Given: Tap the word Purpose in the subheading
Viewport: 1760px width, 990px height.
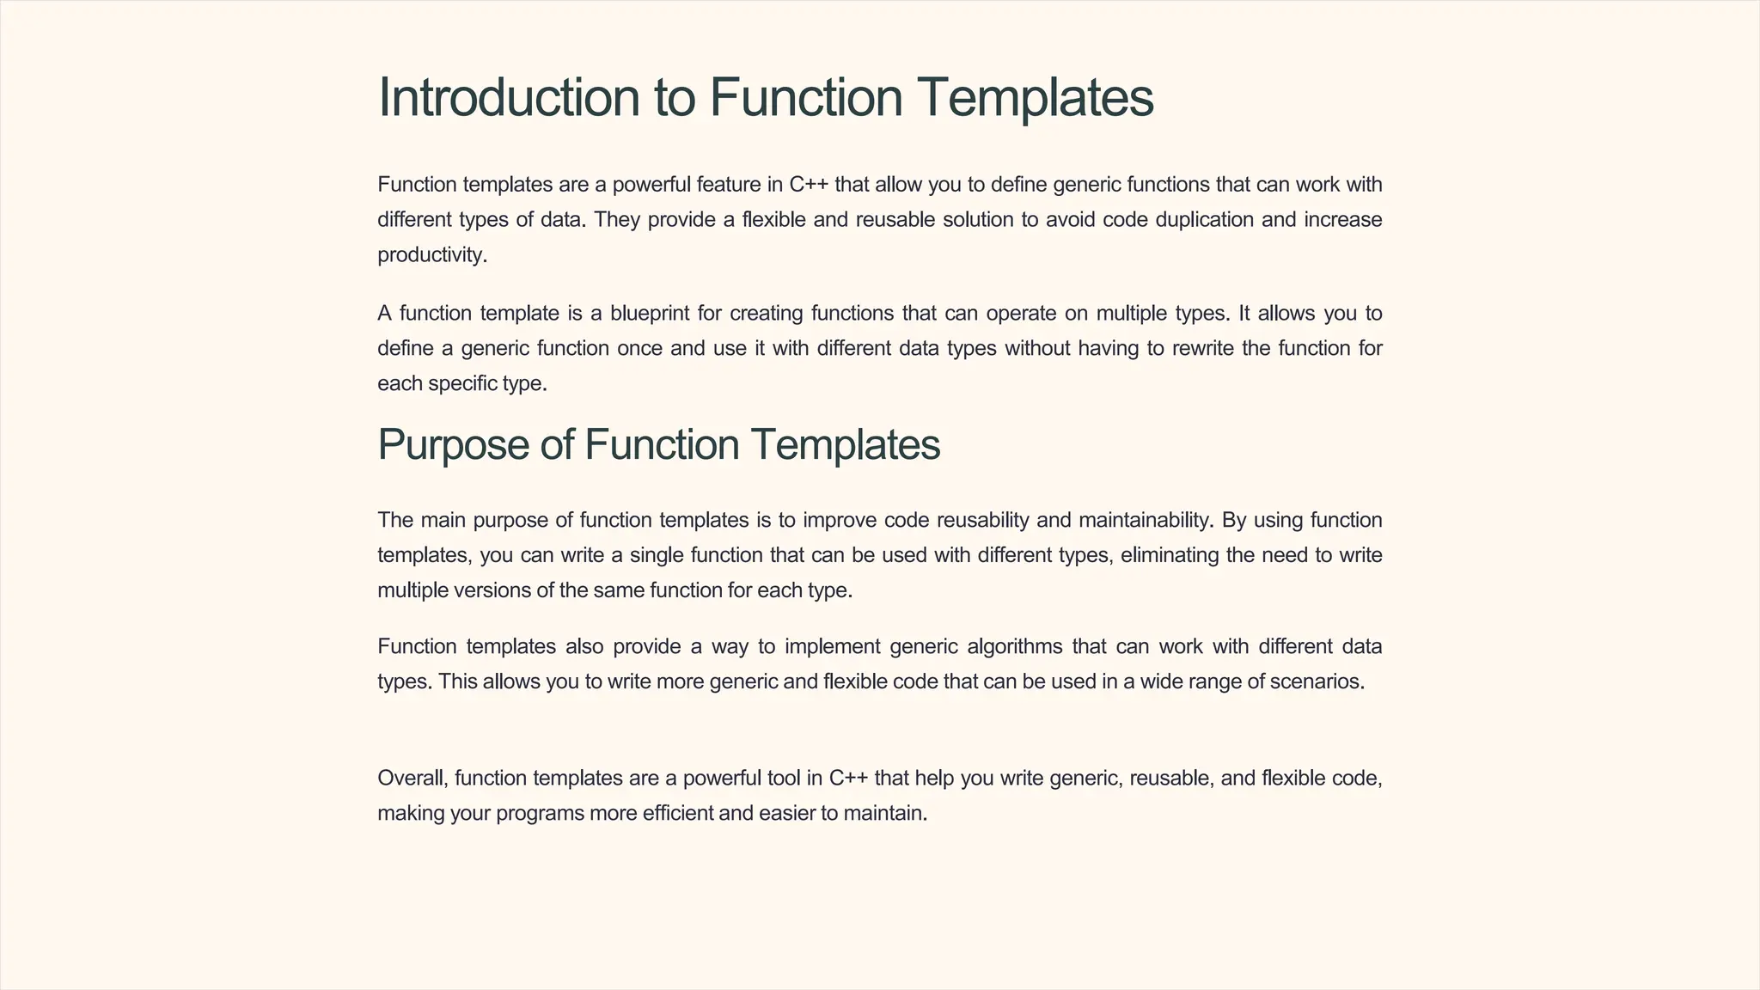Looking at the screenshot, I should pyautogui.click(x=453, y=445).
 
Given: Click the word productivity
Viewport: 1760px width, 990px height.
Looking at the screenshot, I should pyautogui.click(x=431, y=255).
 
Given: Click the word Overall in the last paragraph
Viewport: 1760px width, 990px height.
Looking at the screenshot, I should pyautogui.click(x=412, y=779).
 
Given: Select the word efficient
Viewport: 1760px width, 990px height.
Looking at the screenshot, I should pyautogui.click(x=678, y=813).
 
